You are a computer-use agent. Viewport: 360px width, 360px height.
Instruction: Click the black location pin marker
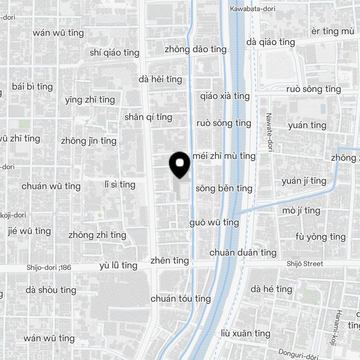[x=180, y=165]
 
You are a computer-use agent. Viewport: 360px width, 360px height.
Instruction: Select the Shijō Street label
[x=305, y=264]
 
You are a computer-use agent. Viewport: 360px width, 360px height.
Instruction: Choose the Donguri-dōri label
[x=298, y=354]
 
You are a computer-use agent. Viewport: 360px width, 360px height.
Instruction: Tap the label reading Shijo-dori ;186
[x=49, y=267]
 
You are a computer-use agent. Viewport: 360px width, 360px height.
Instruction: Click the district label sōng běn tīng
[x=224, y=188]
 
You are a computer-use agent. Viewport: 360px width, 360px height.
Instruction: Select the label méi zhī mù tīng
[x=224, y=156]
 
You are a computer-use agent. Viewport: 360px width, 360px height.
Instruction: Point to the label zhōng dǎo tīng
[x=195, y=49]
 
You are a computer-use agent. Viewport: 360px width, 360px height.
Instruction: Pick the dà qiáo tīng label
[x=271, y=42]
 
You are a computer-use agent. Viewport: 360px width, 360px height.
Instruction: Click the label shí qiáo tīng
[x=114, y=53]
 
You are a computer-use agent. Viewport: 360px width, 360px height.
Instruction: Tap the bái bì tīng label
[x=32, y=87]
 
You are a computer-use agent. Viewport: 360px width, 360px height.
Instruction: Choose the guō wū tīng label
[x=214, y=222]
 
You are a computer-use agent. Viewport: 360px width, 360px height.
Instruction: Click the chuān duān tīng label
[x=243, y=253]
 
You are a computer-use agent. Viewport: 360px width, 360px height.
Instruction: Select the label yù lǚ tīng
[x=118, y=266]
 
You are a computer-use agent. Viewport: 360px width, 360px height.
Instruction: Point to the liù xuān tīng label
[x=246, y=333]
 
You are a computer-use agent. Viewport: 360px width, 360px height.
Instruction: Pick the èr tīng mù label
[x=333, y=31]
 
